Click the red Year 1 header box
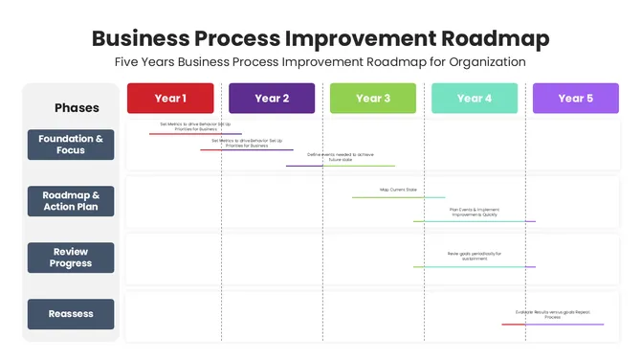coord(170,99)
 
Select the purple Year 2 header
coord(272,99)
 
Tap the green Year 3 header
coord(373,99)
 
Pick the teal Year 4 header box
coord(475,99)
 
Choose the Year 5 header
coord(576,99)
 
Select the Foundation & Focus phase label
coord(71,145)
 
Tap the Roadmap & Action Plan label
coord(71,201)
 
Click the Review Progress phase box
coord(71,258)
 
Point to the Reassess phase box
coord(71,314)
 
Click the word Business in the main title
coord(139,38)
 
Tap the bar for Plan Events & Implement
coord(474,221)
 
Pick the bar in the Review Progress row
coord(474,267)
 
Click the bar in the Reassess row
coord(552,324)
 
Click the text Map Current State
coord(399,190)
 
